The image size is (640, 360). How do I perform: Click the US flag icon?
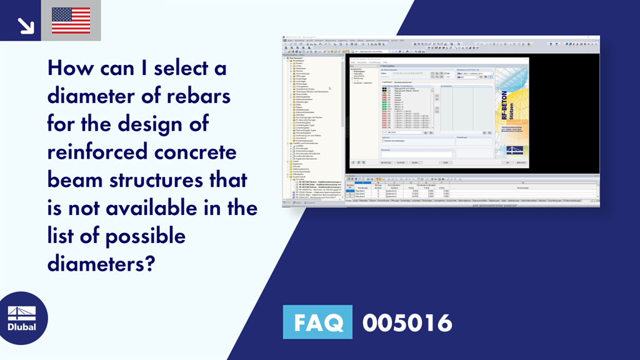pyautogui.click(x=71, y=20)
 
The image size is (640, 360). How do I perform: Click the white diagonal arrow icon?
pyautogui.click(x=25, y=25)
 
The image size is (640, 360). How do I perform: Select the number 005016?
pyautogui.click(x=407, y=322)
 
